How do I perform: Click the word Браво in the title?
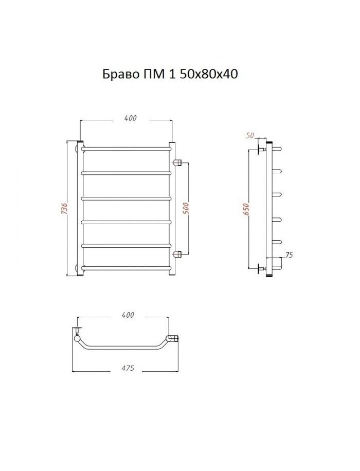(x=120, y=74)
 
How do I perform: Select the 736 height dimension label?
(x=64, y=208)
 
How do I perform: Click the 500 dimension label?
(x=186, y=208)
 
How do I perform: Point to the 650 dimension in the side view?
(x=246, y=208)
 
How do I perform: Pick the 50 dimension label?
(x=250, y=135)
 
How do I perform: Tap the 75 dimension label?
(x=289, y=255)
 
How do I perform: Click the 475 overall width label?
(x=128, y=368)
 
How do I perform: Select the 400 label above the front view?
(x=131, y=118)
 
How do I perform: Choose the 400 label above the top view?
(x=128, y=315)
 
